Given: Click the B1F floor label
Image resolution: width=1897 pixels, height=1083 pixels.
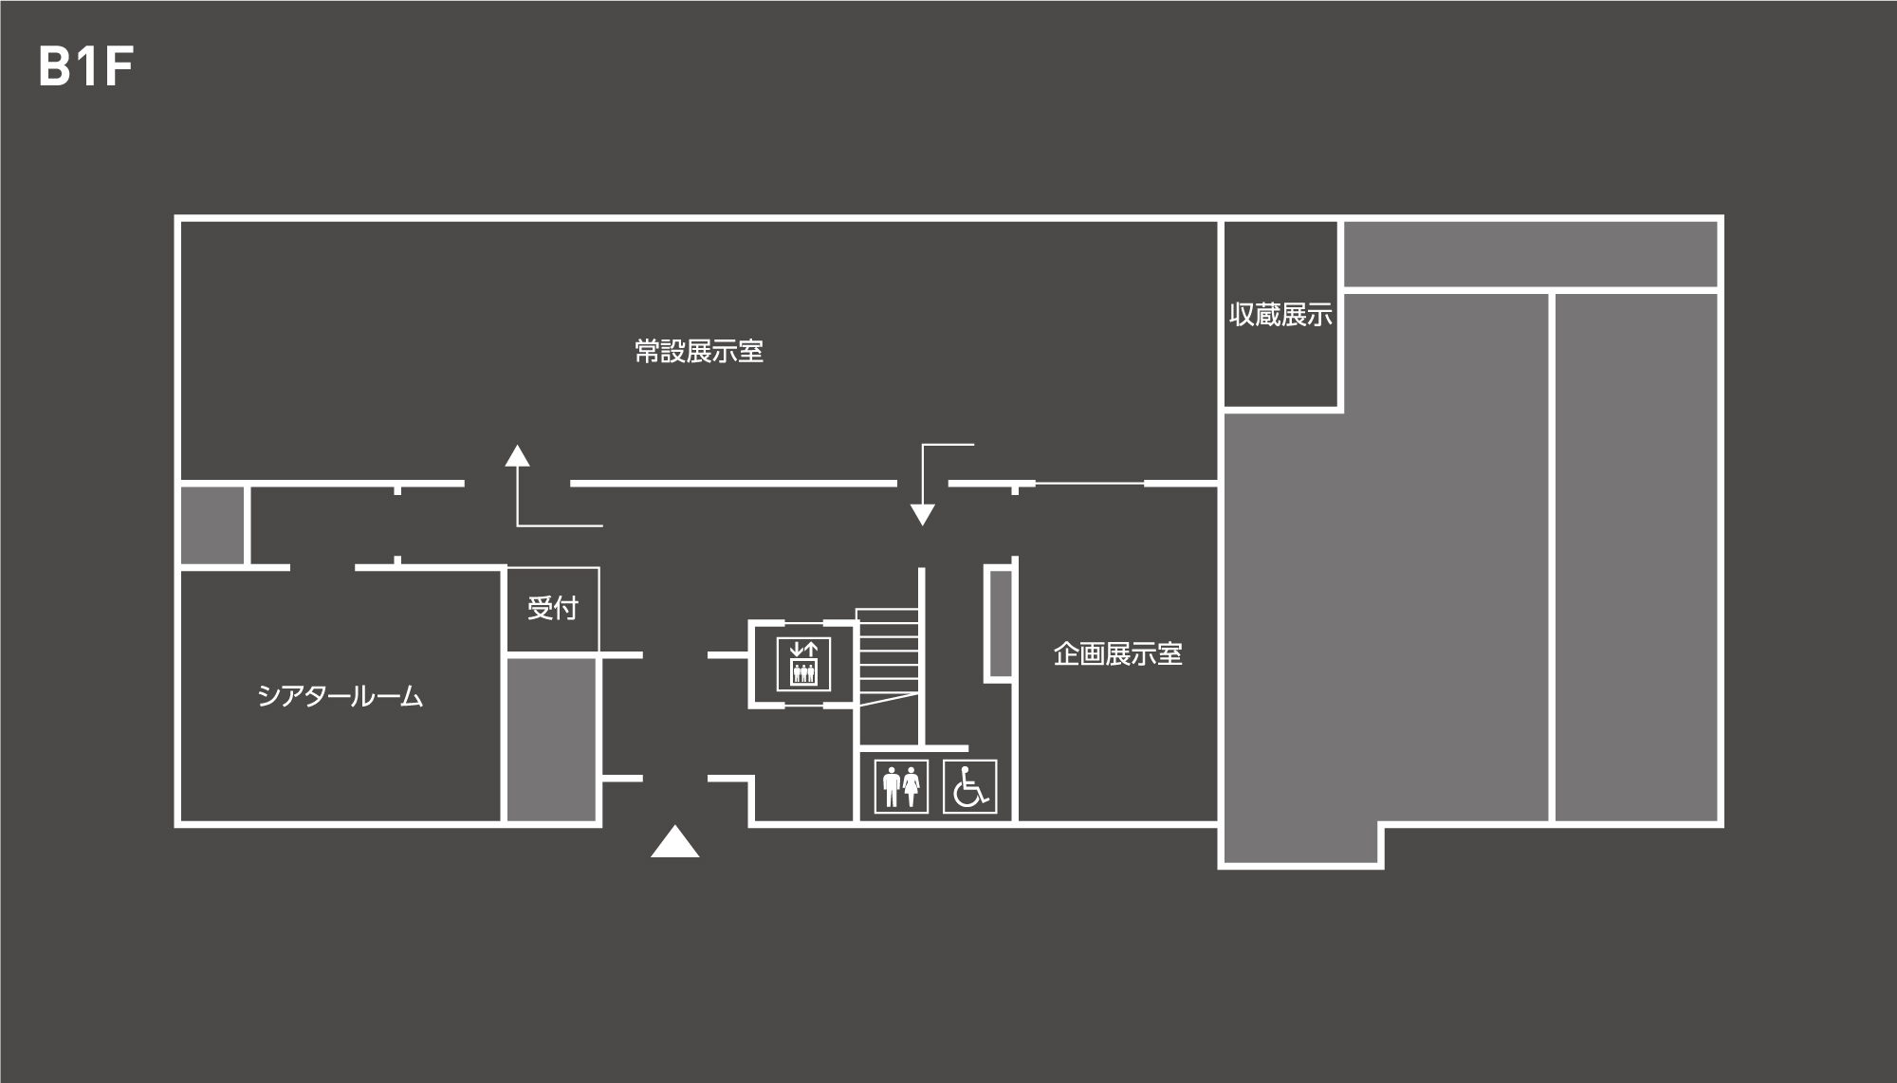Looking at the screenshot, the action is (x=85, y=67).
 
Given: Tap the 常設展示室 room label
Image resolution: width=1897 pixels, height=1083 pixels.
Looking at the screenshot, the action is (x=699, y=352).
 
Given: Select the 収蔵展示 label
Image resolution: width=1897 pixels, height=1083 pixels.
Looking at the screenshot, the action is (x=1280, y=315).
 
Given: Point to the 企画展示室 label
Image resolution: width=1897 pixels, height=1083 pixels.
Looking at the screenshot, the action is (x=1117, y=654).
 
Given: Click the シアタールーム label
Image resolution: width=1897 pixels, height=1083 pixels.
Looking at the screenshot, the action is (x=340, y=697).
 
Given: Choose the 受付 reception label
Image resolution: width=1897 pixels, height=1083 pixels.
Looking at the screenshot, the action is (x=552, y=608).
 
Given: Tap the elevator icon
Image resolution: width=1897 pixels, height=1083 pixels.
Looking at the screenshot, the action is (x=803, y=663).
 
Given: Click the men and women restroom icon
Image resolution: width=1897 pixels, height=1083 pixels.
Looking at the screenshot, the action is (x=900, y=786).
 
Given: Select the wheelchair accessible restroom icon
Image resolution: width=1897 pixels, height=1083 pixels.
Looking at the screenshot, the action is (x=969, y=786).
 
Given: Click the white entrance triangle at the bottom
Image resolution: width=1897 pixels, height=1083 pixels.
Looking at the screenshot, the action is (x=674, y=843).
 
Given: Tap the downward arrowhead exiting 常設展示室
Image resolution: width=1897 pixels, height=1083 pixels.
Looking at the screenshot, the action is (x=922, y=515).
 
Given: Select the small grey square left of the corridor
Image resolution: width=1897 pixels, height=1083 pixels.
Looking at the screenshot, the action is (x=212, y=524).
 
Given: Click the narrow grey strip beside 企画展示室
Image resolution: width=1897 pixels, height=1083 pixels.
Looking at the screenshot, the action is (x=999, y=623).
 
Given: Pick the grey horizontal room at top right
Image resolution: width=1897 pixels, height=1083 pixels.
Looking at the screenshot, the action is (x=1530, y=253).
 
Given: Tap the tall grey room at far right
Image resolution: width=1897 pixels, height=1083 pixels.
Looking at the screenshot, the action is (x=1636, y=557).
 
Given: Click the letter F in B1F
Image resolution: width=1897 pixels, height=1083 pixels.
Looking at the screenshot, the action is (x=118, y=67).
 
